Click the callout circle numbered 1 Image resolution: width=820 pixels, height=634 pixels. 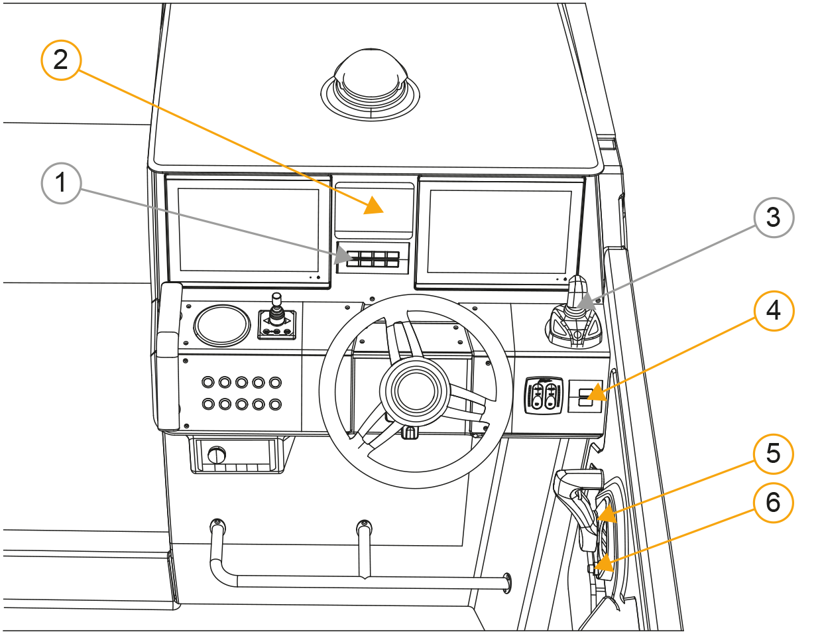tap(61, 183)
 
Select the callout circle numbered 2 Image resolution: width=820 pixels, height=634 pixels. tap(61, 60)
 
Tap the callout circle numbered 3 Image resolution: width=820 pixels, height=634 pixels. tap(773, 218)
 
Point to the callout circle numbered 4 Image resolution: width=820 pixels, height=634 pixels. tap(773, 310)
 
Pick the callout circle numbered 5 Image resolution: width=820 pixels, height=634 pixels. tap(773, 454)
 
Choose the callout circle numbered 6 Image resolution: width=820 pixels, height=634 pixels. tap(773, 503)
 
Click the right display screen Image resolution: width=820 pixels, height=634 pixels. tap(500, 232)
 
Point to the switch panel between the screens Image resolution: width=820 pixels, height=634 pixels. tap(373, 259)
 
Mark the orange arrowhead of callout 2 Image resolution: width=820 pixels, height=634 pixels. tap(374, 206)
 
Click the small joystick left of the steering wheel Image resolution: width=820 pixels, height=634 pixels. tap(277, 316)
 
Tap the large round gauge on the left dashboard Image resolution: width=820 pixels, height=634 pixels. tap(223, 326)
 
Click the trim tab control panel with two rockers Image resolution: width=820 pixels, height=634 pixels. tap(544, 395)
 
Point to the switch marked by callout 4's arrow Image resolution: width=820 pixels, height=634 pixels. tap(585, 397)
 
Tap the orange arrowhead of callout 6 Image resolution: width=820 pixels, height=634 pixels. tap(603, 566)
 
